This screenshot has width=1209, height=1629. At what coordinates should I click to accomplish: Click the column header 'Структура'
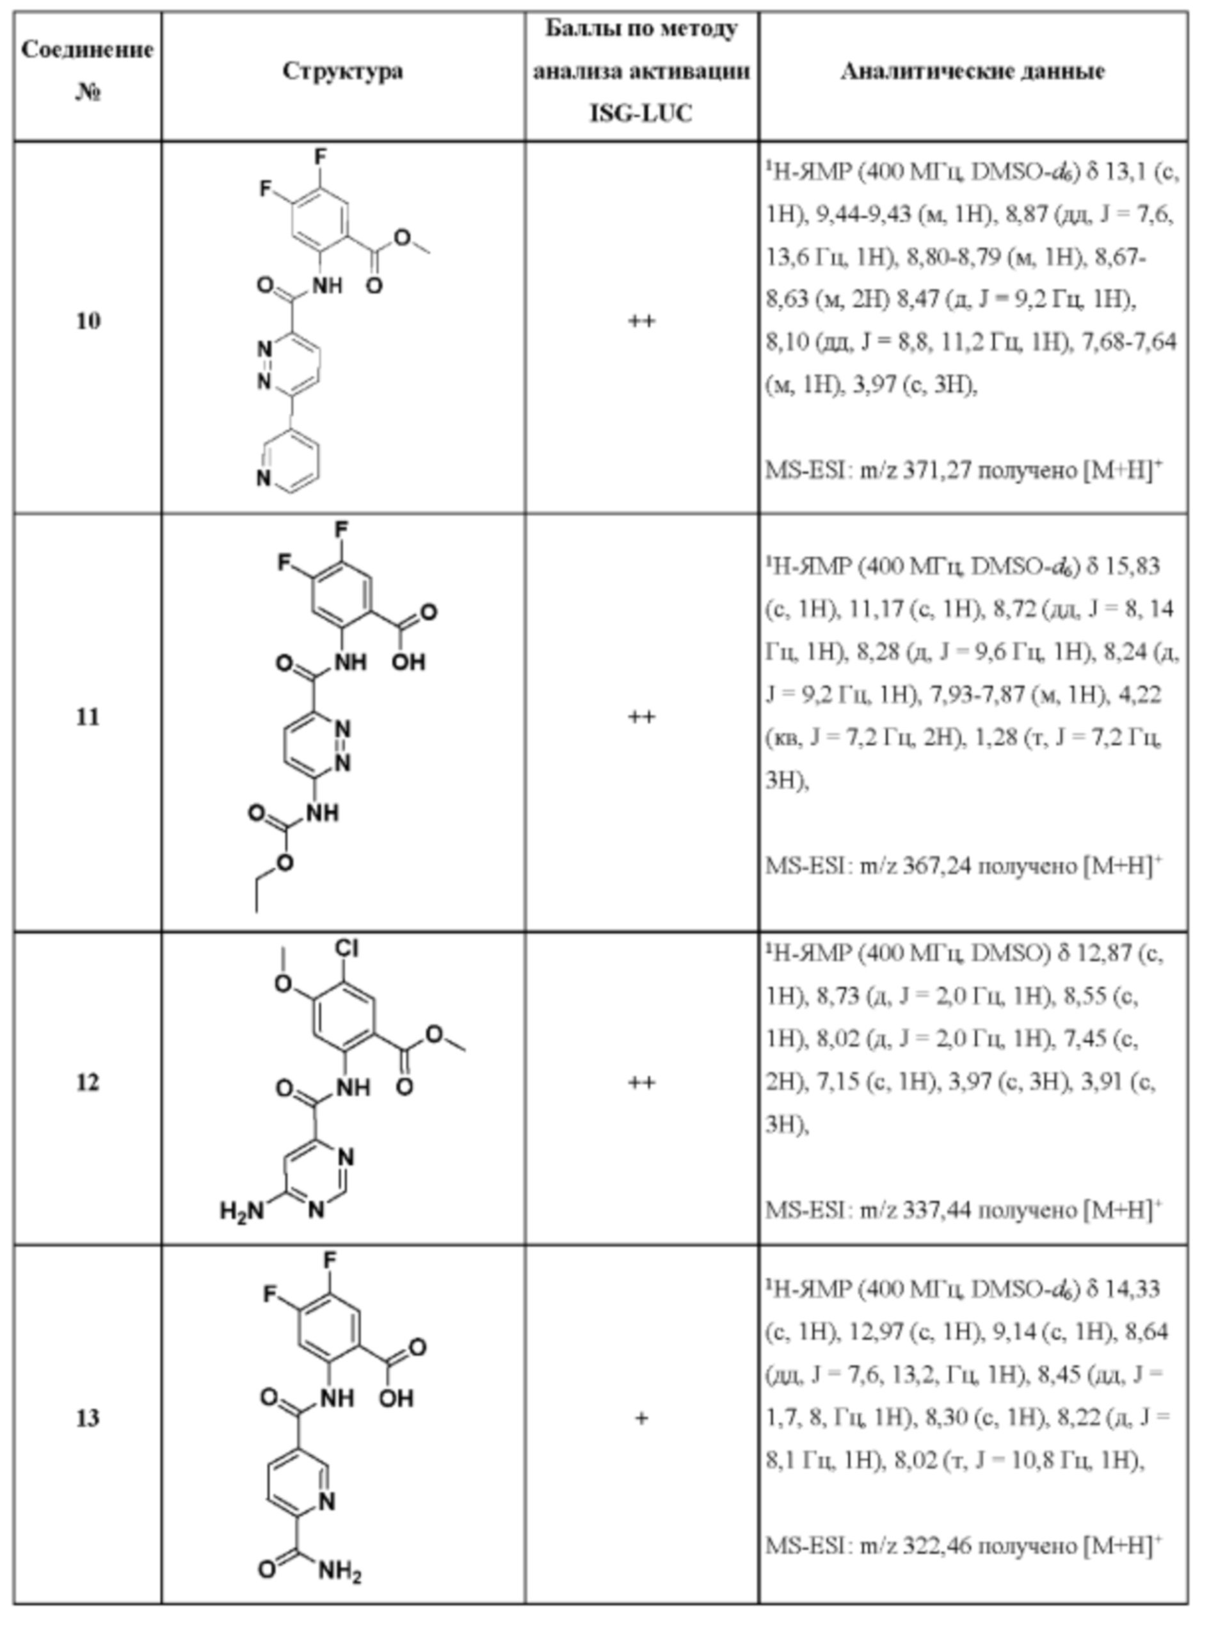click(x=342, y=71)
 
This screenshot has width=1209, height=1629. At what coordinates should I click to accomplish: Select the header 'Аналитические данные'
click(x=973, y=71)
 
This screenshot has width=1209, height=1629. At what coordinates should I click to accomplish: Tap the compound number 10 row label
click(x=88, y=321)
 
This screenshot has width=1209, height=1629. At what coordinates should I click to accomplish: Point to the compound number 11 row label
click(x=88, y=717)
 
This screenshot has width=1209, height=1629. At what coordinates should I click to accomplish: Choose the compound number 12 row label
click(x=88, y=1082)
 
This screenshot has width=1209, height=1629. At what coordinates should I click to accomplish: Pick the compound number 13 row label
click(x=88, y=1418)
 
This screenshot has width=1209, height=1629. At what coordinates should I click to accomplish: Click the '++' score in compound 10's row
click(x=642, y=321)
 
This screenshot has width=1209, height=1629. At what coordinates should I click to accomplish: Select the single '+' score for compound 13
click(x=642, y=1418)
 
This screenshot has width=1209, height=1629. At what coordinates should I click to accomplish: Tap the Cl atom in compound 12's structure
click(x=346, y=949)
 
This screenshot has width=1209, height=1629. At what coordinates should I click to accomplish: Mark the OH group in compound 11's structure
click(x=408, y=662)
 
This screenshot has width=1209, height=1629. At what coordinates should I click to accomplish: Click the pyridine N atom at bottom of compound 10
click(x=264, y=479)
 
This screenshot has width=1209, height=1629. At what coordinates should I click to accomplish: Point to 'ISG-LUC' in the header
click(x=641, y=113)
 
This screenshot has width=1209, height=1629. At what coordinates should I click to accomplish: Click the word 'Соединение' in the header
click(x=88, y=50)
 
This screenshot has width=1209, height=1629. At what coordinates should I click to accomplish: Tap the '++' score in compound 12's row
click(x=642, y=1082)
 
